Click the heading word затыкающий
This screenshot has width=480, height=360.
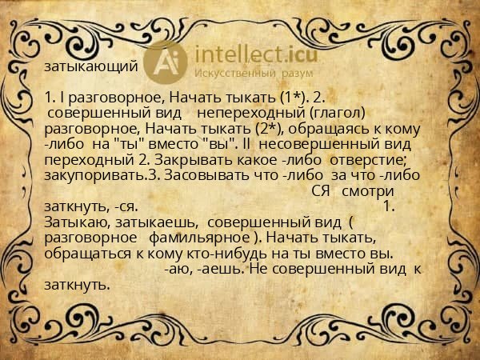pos(92,66)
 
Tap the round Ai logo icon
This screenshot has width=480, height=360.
pos(169,62)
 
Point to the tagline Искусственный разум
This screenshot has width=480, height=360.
pos(245,72)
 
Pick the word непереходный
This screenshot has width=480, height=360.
pos(244,113)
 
